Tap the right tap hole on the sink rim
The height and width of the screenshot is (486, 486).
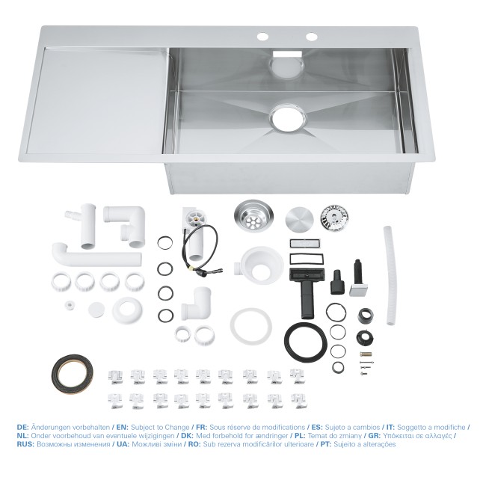tap(310, 37)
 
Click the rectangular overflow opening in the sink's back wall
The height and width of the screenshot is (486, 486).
tap(285, 54)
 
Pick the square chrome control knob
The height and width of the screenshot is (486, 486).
tap(357, 285)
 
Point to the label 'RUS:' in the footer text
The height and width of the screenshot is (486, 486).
tap(26, 444)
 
